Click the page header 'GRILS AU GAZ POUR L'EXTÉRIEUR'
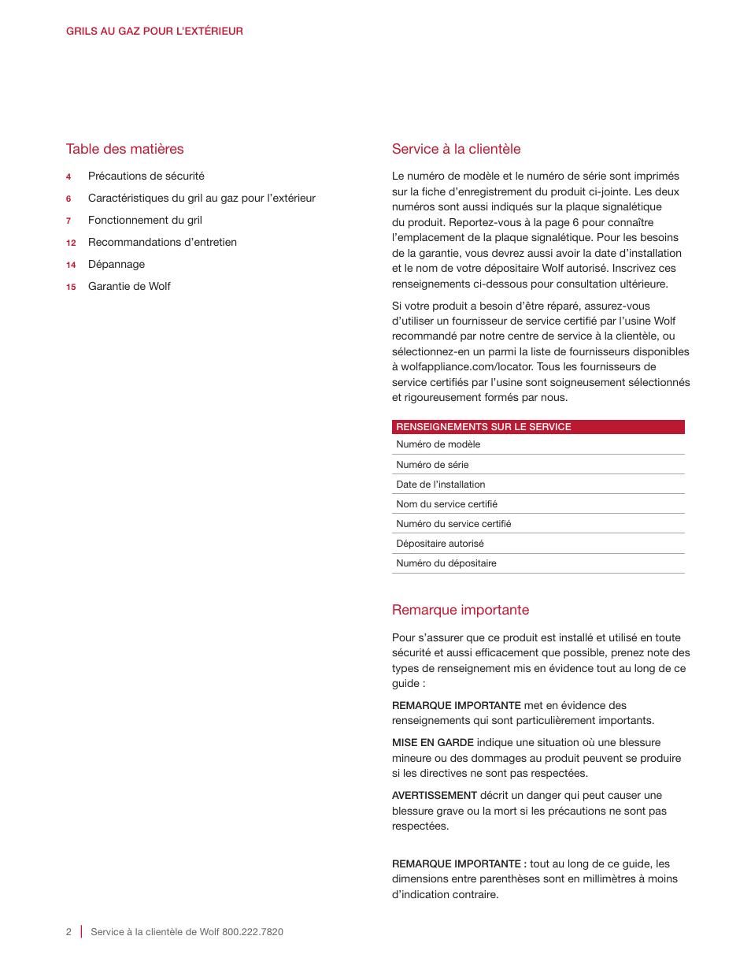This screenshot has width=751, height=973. tap(154, 32)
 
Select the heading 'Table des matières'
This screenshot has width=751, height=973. tap(124, 149)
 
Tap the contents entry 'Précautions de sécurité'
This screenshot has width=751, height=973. tap(146, 176)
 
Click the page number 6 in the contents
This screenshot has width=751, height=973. tap(68, 199)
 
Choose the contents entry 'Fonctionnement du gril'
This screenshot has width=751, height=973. tap(145, 221)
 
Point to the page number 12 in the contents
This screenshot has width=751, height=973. tap(71, 243)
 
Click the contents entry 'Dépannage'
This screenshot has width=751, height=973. tap(117, 265)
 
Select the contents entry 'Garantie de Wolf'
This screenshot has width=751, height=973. tap(129, 287)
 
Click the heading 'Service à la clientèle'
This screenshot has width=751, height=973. tap(456, 149)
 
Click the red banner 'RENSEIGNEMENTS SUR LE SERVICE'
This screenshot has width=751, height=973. tap(538, 427)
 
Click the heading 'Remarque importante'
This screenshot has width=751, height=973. tap(461, 610)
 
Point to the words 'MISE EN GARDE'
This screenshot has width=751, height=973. tap(432, 743)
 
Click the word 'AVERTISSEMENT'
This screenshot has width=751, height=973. tap(435, 796)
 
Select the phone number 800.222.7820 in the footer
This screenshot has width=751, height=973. tap(253, 932)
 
